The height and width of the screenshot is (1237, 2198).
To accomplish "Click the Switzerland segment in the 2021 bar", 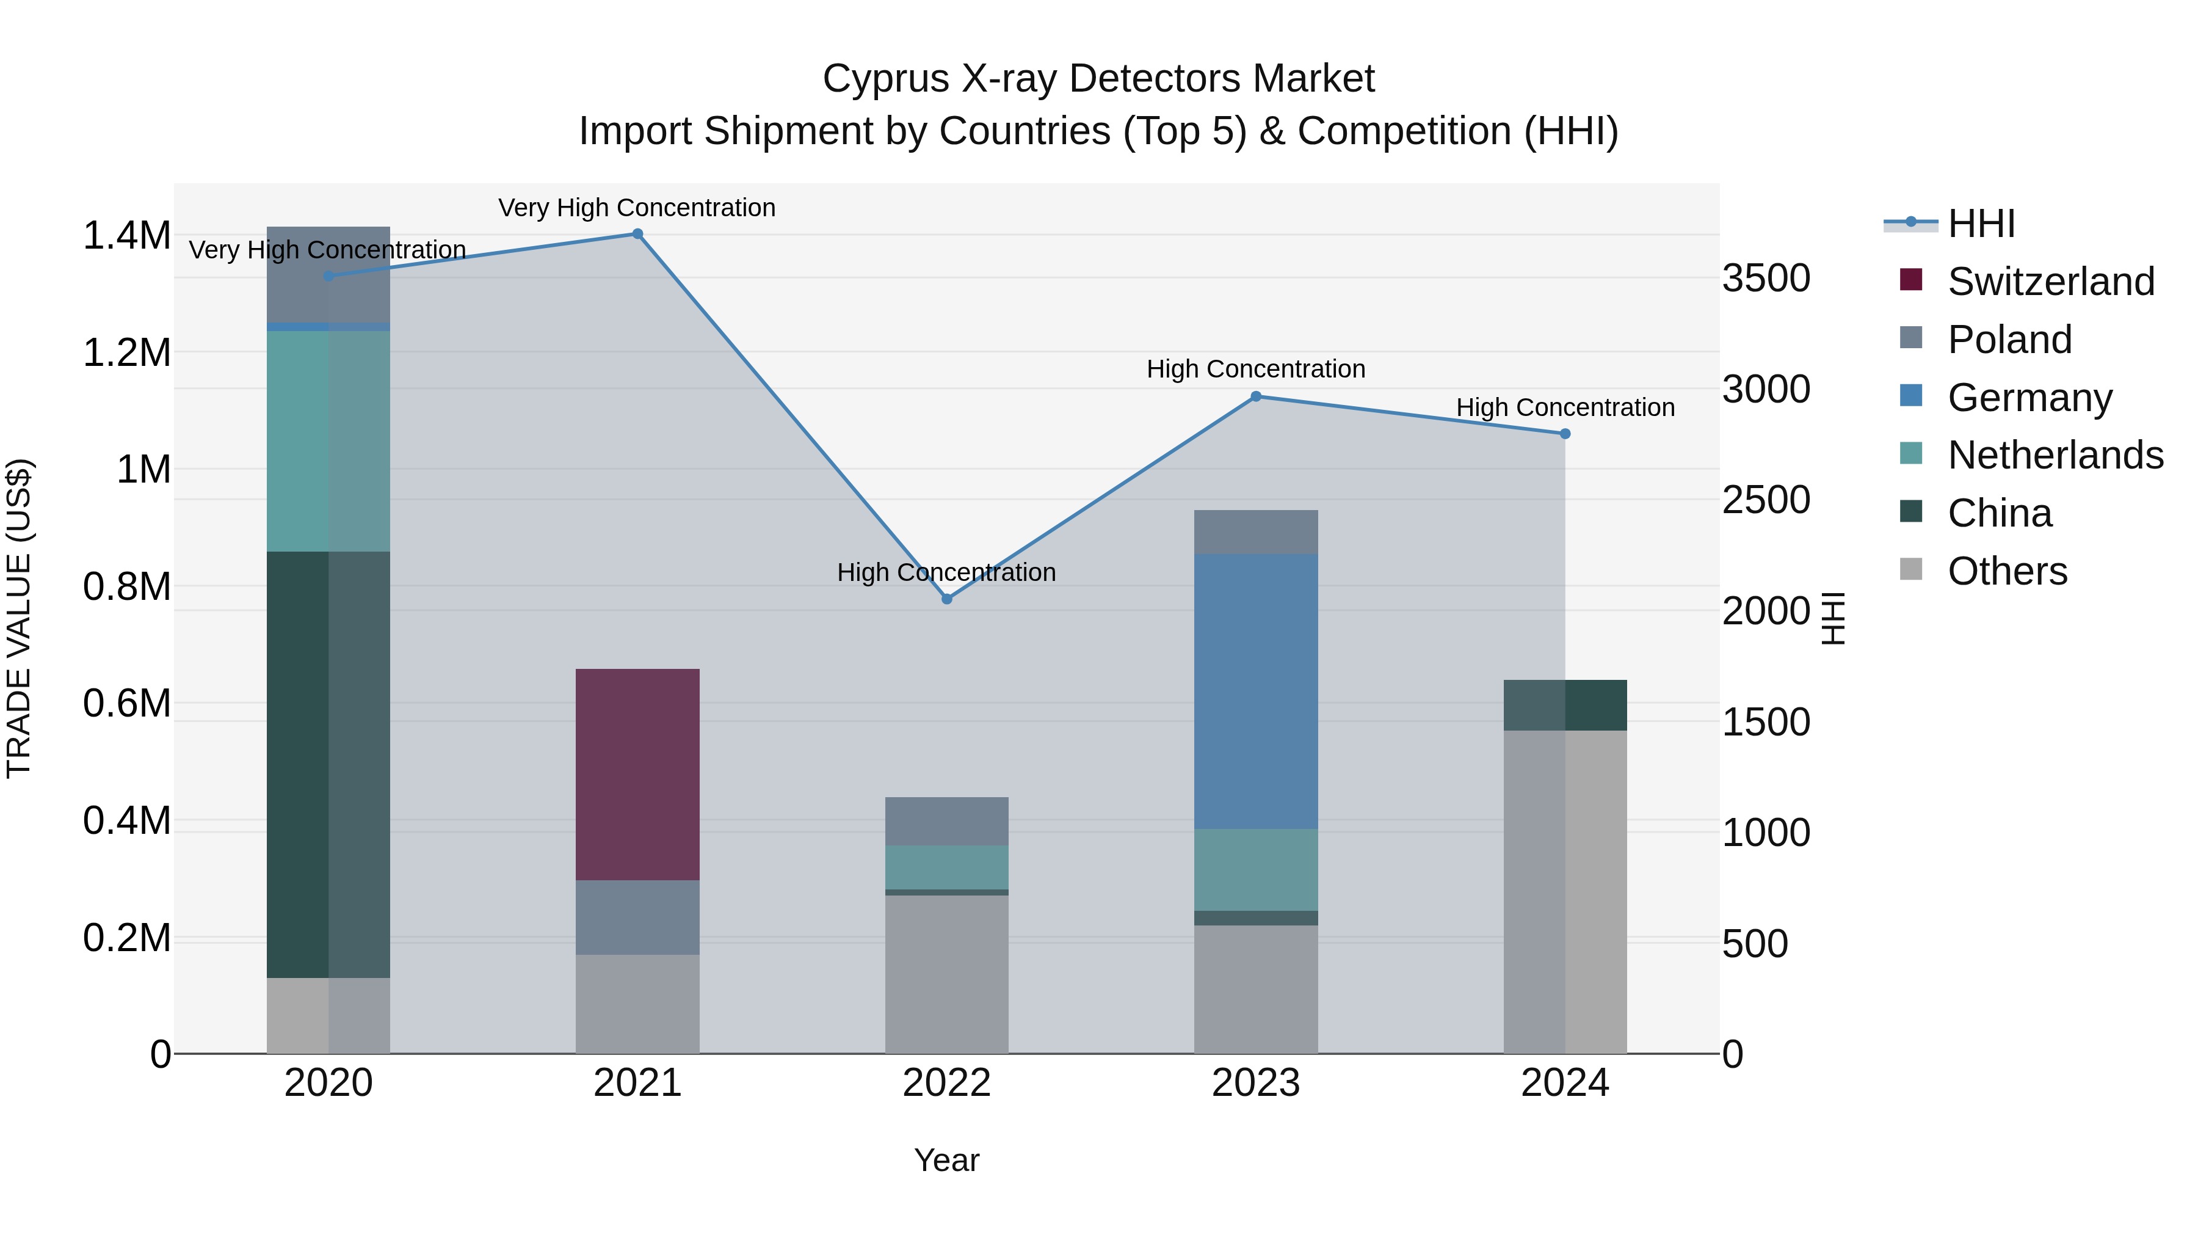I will [x=637, y=775].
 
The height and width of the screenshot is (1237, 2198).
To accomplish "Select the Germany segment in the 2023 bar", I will [x=1255, y=691].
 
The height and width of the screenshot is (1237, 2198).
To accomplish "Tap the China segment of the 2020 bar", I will [x=328, y=764].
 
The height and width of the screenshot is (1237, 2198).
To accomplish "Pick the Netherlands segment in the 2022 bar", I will [x=946, y=867].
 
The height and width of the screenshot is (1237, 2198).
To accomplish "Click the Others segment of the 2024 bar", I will [x=1565, y=891].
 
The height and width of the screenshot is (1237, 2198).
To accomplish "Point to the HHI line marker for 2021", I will [x=637, y=234].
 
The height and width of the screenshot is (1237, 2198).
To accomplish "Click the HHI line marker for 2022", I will [x=946, y=599].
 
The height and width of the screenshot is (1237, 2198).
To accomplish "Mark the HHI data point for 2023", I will [x=1255, y=396].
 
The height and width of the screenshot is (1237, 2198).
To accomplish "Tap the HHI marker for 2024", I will [x=1565, y=434].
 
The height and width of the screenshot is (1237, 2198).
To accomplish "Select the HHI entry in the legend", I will [x=1981, y=224].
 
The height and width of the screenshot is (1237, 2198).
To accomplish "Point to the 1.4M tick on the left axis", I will [x=126, y=236].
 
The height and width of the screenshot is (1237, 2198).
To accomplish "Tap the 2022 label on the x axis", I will [x=946, y=1083].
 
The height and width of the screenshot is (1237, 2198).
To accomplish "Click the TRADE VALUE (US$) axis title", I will [x=19, y=618].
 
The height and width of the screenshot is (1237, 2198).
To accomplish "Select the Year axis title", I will [x=946, y=1160].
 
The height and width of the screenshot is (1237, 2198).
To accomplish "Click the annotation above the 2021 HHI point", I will [x=637, y=208].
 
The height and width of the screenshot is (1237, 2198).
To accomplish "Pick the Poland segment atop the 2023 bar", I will [x=1255, y=532].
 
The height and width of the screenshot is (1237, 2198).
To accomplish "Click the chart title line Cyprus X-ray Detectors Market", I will [x=1098, y=79].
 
